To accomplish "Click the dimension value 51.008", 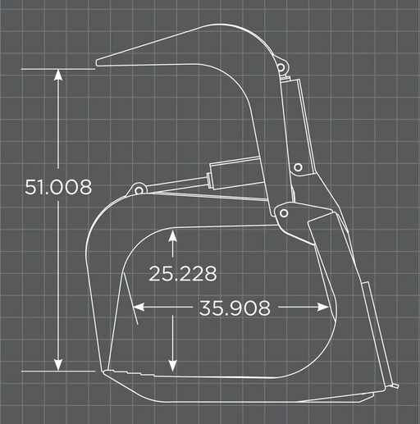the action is pyautogui.click(x=58, y=187).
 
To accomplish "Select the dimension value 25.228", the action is pyautogui.click(x=183, y=273).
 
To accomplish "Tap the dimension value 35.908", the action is pyautogui.click(x=235, y=308).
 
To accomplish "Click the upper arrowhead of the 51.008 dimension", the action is pyautogui.click(x=58, y=75).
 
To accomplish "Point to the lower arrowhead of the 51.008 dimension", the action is pyautogui.click(x=58, y=365).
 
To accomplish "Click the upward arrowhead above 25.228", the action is pyautogui.click(x=172, y=236).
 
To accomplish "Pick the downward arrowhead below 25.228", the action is pyautogui.click(x=172, y=366).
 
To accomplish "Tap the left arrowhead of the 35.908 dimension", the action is pyautogui.click(x=139, y=307).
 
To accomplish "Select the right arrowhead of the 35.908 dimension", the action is pyautogui.click(x=323, y=307).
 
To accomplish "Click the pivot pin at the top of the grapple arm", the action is pyautogui.click(x=281, y=66).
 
